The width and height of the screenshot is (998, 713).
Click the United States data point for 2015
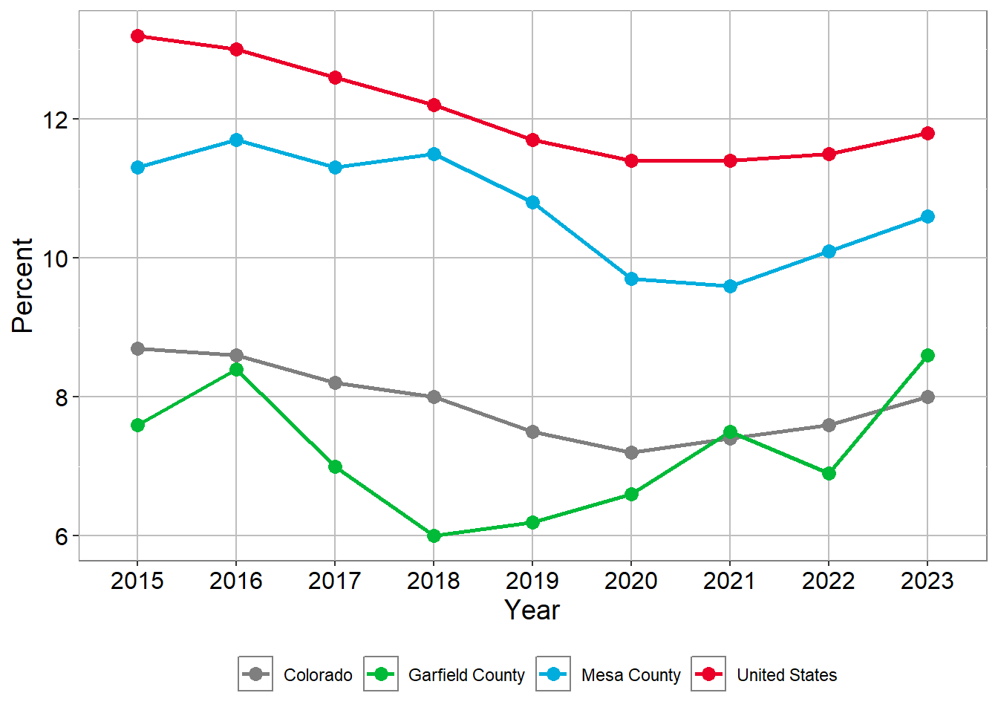[x=137, y=36]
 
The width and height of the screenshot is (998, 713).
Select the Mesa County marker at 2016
[x=236, y=140]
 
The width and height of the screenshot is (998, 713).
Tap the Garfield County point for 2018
[x=434, y=535]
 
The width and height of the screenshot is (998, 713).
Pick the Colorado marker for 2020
[x=631, y=452]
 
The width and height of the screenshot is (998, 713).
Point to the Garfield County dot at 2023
[x=927, y=355]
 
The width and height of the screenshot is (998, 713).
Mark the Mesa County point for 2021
[x=730, y=286]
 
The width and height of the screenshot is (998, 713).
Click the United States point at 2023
[x=927, y=133]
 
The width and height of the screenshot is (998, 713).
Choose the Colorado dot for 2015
[x=137, y=348]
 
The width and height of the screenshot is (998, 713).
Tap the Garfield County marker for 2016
[x=236, y=369]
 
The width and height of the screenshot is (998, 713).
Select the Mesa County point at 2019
[x=532, y=202]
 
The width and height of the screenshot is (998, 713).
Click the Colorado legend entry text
[x=318, y=675]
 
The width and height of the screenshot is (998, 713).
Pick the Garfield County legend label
[x=466, y=675]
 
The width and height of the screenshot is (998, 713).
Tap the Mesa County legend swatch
[x=553, y=674]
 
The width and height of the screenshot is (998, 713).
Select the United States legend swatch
[x=708, y=674]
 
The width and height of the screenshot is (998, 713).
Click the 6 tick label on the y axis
[x=61, y=536]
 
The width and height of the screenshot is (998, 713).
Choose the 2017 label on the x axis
[x=335, y=581]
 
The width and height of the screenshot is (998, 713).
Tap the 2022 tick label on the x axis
[x=829, y=581]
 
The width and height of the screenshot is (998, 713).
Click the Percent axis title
[x=23, y=285]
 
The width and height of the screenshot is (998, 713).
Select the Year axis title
[x=532, y=611]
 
